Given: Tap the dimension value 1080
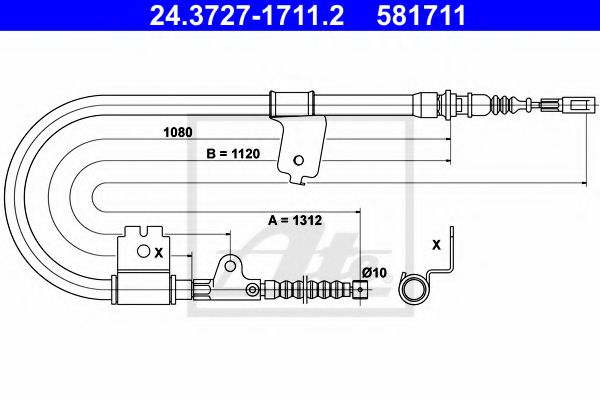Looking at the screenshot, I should click(x=178, y=131).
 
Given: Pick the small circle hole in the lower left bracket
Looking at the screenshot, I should click(x=142, y=252).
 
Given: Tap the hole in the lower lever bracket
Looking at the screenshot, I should click(x=229, y=266).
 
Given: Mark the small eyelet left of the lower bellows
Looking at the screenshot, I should click(x=250, y=291).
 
